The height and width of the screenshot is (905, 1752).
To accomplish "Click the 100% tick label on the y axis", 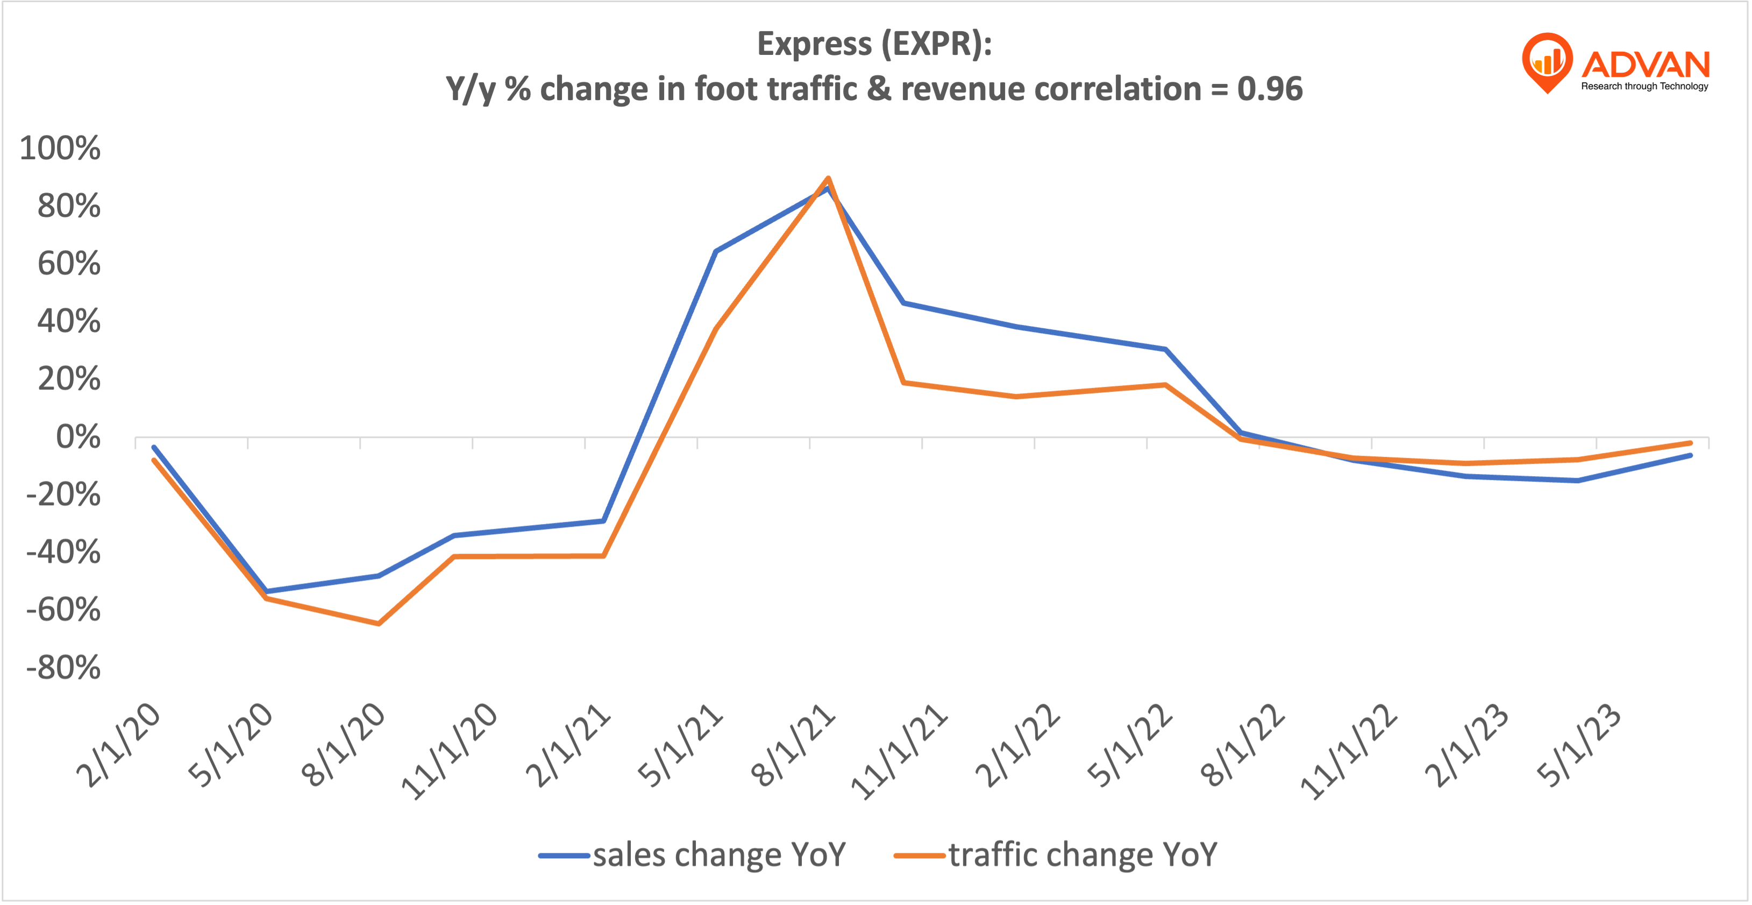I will click(60, 149).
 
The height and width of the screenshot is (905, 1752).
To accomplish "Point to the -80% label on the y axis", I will click(63, 668).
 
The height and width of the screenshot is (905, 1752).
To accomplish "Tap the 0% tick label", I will click(77, 437).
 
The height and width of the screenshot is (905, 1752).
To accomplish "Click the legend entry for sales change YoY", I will click(693, 854).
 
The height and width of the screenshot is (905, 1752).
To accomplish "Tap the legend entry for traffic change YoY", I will click(1056, 854).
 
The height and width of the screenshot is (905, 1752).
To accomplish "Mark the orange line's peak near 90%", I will click(828, 179).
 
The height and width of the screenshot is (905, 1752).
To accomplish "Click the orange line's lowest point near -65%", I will click(378, 623).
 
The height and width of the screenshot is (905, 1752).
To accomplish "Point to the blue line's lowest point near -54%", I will click(266, 591).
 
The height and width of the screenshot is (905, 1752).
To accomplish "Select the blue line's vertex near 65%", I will click(716, 251).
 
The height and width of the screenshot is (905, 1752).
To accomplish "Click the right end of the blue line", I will click(1690, 455).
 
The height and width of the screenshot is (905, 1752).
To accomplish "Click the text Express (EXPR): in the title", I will click(874, 44).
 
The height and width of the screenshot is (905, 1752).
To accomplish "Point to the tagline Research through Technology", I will click(1644, 87).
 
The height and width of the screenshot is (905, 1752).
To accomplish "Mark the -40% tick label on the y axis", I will click(63, 552).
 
